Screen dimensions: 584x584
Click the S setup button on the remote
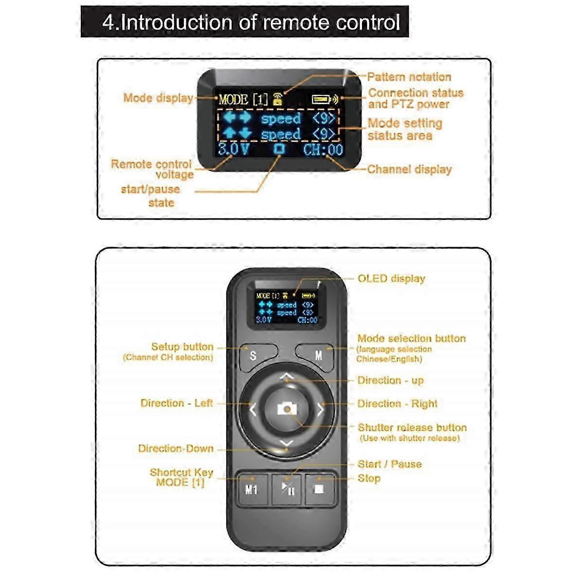[x=253, y=356]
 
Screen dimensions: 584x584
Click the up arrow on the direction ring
[x=287, y=376]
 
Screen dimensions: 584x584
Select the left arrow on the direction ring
[x=253, y=409]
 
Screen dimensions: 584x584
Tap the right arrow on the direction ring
[x=321, y=409]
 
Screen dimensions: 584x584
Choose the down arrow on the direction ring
[x=287, y=443]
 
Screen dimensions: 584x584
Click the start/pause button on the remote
[x=287, y=488]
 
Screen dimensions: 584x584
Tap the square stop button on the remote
[x=319, y=488]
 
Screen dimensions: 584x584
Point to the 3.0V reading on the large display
[x=233, y=149]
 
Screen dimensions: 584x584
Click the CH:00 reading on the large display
[x=323, y=149]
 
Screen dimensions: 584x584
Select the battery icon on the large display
[x=321, y=100]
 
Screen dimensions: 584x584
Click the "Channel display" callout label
[x=409, y=169]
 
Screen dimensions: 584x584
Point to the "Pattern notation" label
[x=409, y=77]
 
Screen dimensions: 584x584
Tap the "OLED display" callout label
[x=391, y=279]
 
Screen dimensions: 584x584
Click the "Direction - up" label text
[x=390, y=380]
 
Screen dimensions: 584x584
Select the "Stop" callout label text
[x=369, y=478]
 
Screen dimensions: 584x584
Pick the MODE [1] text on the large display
[x=243, y=100]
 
